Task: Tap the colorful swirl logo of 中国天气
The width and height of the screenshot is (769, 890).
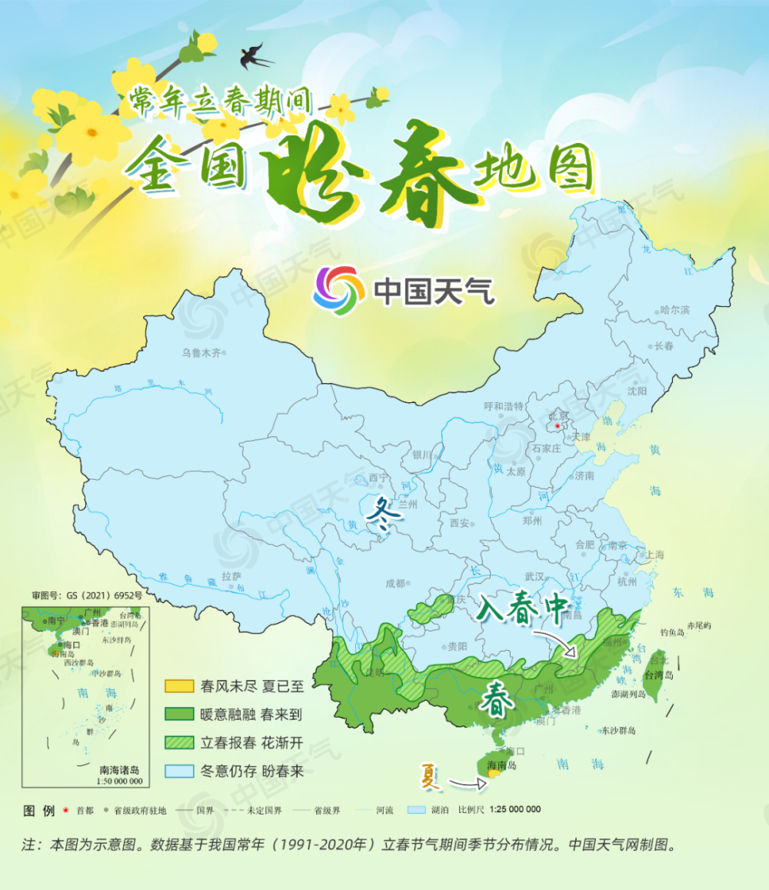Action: pos(339,290)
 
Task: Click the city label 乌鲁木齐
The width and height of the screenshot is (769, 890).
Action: pos(201,353)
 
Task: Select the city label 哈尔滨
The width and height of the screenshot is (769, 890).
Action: pos(674,310)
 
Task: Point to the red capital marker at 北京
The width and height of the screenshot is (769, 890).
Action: pos(558,425)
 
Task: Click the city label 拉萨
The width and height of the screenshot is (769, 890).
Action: pos(231,575)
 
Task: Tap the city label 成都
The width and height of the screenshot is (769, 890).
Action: pos(394,583)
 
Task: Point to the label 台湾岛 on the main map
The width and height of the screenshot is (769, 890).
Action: pos(658,675)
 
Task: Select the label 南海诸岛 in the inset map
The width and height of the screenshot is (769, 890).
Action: pos(120,769)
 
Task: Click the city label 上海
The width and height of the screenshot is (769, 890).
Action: pos(654,555)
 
